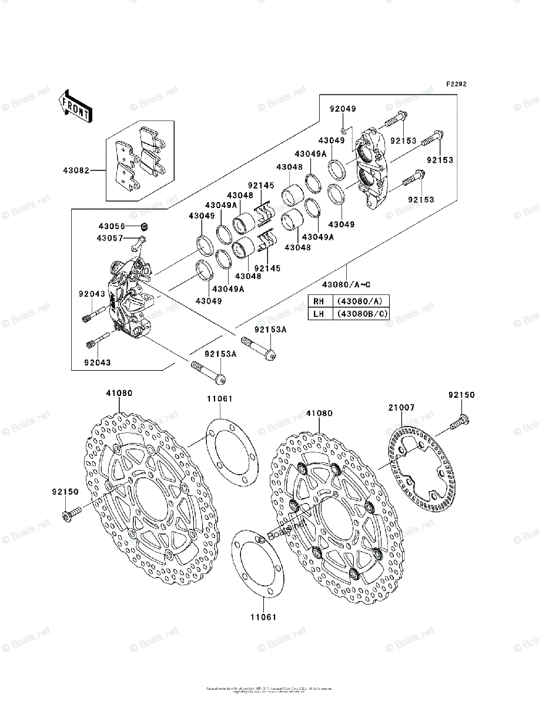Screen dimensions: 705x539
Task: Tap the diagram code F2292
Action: (x=456, y=85)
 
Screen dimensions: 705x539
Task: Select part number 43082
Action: (x=76, y=171)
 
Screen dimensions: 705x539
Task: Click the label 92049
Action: (x=342, y=109)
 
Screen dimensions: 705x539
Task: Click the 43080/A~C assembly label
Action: (x=350, y=285)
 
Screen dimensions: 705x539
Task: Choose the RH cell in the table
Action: (x=319, y=301)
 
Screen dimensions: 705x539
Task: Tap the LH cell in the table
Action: (x=319, y=314)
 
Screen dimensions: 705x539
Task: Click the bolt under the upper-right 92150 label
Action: (x=459, y=421)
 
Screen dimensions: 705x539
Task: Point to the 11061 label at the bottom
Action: (x=263, y=617)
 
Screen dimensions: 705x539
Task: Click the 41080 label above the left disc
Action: (x=119, y=392)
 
